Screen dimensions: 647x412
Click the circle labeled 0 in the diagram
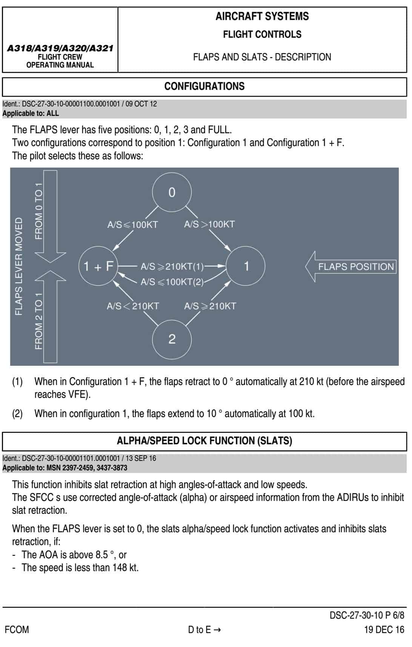coord(172,192)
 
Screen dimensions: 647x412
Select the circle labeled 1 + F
coord(98,266)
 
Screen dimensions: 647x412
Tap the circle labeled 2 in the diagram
coord(172,339)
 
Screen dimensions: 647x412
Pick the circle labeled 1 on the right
coord(246,266)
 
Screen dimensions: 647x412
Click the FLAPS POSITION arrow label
coord(355,267)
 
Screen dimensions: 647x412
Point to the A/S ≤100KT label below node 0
coord(132,225)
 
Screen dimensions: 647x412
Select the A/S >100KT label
coord(209,224)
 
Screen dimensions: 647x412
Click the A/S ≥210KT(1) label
coord(172,267)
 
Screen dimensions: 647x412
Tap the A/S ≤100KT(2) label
coord(172,282)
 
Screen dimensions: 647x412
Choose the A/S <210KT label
coord(132,306)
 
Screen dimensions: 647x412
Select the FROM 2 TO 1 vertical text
coord(39,321)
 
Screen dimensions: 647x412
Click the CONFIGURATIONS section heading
coord(204,86)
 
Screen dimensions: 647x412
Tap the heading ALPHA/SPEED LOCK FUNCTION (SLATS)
coord(204,441)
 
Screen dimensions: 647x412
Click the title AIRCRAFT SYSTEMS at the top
coord(262,16)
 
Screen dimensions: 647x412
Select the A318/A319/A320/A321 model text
coord(60,48)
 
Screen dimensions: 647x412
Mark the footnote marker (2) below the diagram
coord(17,414)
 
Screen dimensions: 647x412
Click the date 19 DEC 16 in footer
coord(384,630)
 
